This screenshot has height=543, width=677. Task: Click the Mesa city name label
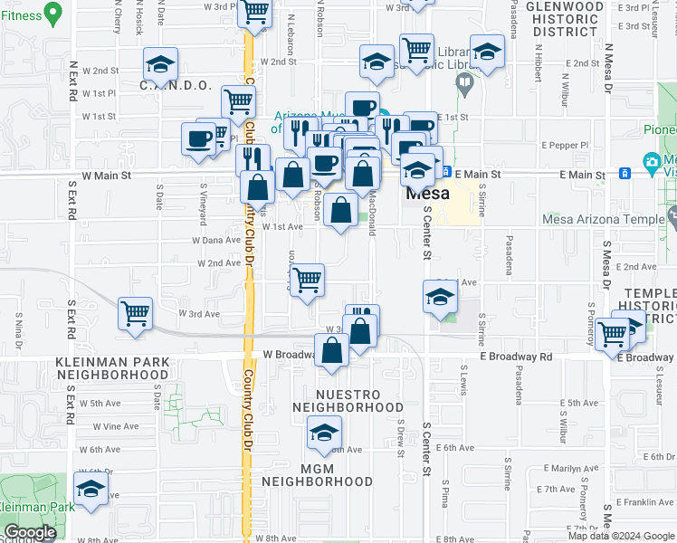point(428,194)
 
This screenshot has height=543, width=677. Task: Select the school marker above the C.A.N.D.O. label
point(161,64)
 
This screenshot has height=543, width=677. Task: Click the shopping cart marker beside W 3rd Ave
point(136,313)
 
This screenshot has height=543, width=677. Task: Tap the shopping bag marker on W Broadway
point(332,350)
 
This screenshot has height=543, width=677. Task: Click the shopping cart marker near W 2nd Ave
point(308,281)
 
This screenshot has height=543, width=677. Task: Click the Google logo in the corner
point(29,532)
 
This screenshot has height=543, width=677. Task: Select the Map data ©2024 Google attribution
point(621,536)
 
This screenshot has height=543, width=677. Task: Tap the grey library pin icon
point(465,85)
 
